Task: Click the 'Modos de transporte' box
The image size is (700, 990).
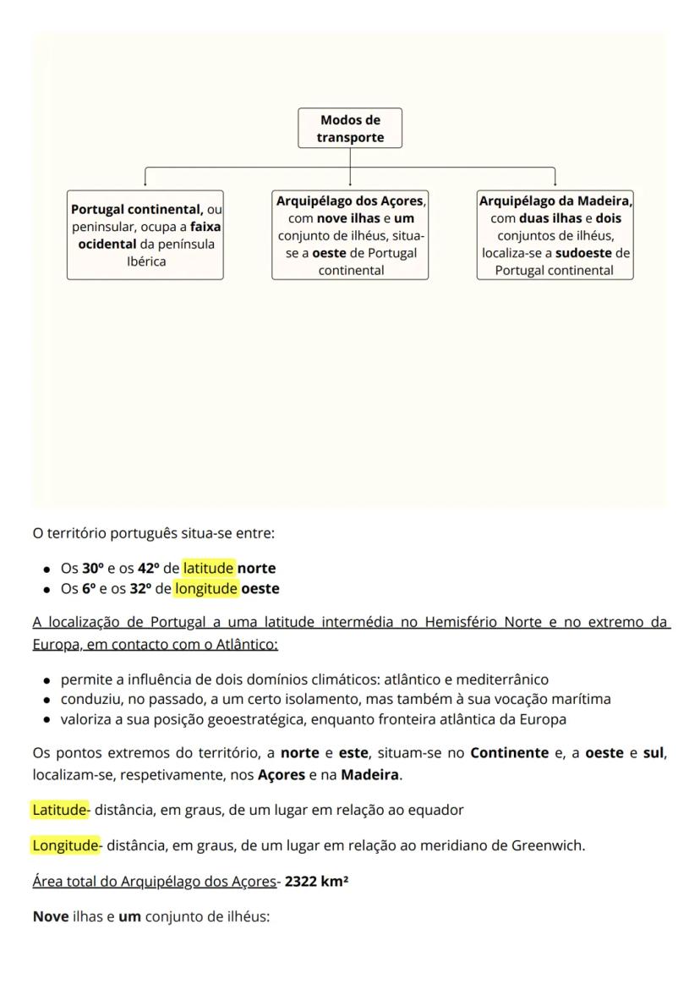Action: tap(350, 129)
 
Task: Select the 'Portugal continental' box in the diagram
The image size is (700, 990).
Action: tap(145, 234)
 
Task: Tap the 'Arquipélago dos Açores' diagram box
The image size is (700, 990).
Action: tap(350, 235)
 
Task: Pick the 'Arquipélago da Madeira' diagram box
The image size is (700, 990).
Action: tap(555, 235)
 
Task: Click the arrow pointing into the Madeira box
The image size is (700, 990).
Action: tap(555, 181)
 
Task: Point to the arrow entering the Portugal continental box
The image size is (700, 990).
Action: tap(145, 181)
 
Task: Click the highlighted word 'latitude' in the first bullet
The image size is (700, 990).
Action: tap(208, 569)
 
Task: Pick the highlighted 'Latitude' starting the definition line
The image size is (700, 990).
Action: tap(59, 810)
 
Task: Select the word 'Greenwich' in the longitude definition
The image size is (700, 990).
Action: tap(547, 844)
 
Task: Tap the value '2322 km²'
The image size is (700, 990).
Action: tap(317, 881)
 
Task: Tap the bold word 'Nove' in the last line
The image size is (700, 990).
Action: tap(50, 916)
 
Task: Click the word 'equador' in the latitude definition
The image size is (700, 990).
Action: tap(435, 810)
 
